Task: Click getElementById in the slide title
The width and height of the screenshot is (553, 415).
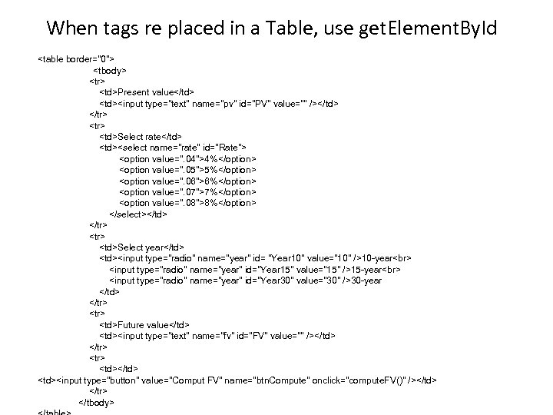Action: click(426, 29)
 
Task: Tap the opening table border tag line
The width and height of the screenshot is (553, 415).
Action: click(77, 58)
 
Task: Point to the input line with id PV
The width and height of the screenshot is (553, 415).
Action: click(219, 103)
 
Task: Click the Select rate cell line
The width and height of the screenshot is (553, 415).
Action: click(141, 136)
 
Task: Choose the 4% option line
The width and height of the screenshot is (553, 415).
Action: click(188, 158)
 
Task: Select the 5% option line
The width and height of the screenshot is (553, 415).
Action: click(188, 169)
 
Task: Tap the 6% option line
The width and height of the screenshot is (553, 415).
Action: click(188, 181)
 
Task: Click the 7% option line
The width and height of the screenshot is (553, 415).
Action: click(188, 191)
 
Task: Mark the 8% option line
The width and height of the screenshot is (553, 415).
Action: click(188, 203)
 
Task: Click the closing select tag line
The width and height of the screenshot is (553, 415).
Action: click(138, 214)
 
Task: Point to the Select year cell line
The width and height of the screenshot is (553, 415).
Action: click(141, 247)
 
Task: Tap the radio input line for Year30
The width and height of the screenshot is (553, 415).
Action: click(246, 281)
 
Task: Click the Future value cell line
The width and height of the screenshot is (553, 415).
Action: click(144, 325)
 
